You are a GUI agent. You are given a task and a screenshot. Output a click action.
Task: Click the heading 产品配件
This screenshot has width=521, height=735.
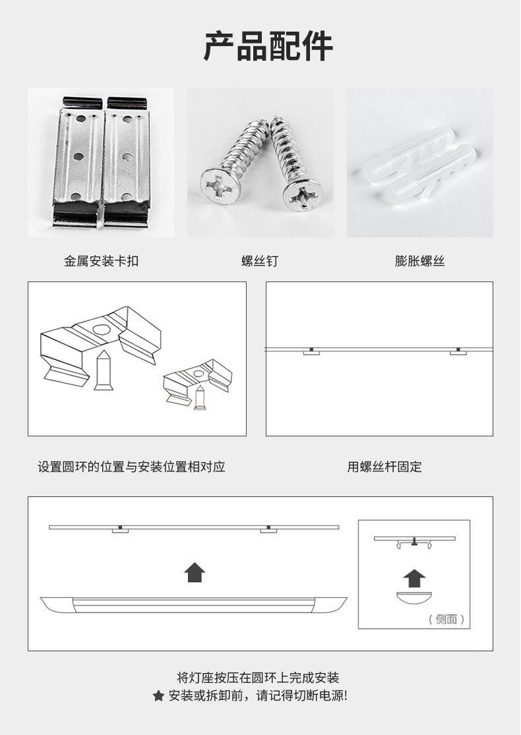click(x=268, y=46)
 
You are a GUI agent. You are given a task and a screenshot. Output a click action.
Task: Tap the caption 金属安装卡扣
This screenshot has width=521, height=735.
click(x=102, y=261)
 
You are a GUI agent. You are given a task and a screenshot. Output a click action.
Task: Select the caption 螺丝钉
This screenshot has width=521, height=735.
click(x=260, y=261)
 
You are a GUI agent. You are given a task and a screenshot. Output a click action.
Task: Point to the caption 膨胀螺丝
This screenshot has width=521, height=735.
click(x=419, y=261)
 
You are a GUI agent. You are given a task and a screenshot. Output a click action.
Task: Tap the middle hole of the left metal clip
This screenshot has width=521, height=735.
click(x=78, y=157)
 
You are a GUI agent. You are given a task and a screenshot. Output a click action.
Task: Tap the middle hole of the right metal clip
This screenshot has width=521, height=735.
click(x=127, y=157)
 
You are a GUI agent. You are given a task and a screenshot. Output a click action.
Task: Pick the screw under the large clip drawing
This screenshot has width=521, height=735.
click(x=103, y=370)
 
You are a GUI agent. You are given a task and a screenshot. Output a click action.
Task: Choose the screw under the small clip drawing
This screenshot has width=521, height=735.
click(x=200, y=398)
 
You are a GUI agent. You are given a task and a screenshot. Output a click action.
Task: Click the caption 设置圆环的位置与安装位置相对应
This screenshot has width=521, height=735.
click(x=132, y=467)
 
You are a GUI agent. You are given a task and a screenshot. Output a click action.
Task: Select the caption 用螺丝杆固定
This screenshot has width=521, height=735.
click(x=384, y=467)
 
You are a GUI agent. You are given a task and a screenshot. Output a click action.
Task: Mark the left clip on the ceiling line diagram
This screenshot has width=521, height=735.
click(x=311, y=351)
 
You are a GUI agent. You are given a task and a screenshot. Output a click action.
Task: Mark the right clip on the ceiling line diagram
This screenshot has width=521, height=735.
click(x=458, y=351)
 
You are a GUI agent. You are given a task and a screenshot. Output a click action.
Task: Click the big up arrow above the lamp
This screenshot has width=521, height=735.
click(x=195, y=572)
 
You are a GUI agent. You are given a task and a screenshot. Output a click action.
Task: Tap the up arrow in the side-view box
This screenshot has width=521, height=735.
click(x=414, y=578)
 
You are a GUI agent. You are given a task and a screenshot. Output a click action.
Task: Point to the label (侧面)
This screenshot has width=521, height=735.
click(x=446, y=619)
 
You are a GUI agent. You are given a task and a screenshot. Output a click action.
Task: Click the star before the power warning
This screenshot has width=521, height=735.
click(x=158, y=696)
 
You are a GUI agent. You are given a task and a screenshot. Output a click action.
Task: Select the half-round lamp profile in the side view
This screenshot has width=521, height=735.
click(x=414, y=598)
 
